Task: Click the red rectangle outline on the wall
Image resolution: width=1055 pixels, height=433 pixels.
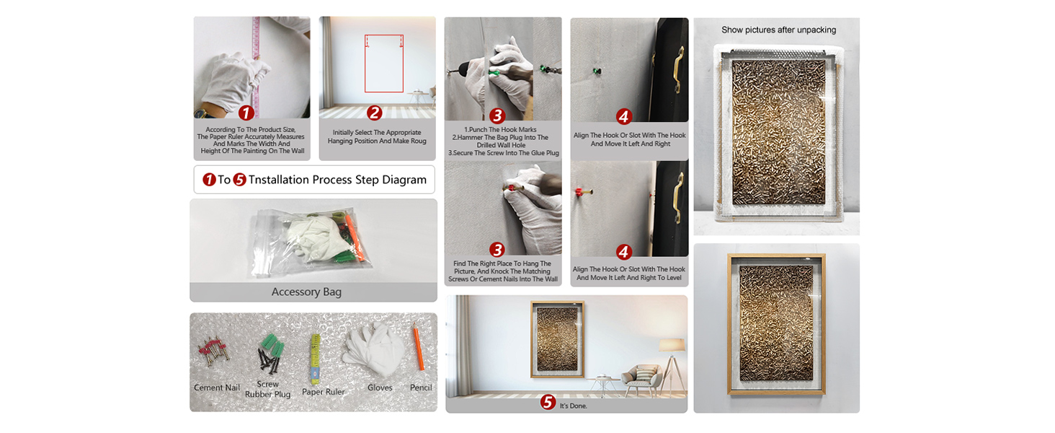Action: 365,64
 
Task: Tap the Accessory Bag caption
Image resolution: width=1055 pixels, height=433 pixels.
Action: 306,292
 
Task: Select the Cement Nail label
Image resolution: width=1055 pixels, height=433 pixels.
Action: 217,388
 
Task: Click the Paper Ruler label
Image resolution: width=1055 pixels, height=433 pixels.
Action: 323,391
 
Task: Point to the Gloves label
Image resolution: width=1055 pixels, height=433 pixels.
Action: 380,388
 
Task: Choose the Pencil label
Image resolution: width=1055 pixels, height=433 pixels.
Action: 421,388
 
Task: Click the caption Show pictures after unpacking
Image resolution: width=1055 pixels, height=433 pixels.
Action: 778,30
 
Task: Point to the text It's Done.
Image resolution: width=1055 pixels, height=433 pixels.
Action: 573,406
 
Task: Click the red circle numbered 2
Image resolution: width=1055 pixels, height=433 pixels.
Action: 375,113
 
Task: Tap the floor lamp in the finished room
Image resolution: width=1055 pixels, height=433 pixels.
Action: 672,363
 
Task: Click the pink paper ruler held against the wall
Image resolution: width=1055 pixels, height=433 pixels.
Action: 256,66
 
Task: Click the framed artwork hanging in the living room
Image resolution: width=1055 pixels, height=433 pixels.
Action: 558,340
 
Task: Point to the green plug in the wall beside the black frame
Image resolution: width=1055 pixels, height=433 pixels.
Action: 597,71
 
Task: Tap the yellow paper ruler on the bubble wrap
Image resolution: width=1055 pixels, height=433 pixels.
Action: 315,359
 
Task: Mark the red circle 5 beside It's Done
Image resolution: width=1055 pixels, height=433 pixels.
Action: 547,402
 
